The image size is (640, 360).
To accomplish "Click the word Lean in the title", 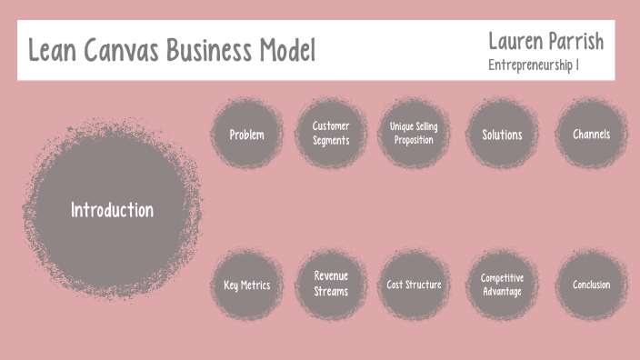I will tap(52, 50).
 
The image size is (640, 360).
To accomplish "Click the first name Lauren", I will tap(517, 41).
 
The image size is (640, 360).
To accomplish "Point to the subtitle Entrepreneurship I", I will tap(534, 65).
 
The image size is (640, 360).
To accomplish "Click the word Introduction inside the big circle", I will tap(112, 210).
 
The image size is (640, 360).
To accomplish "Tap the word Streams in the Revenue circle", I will tap(331, 292).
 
